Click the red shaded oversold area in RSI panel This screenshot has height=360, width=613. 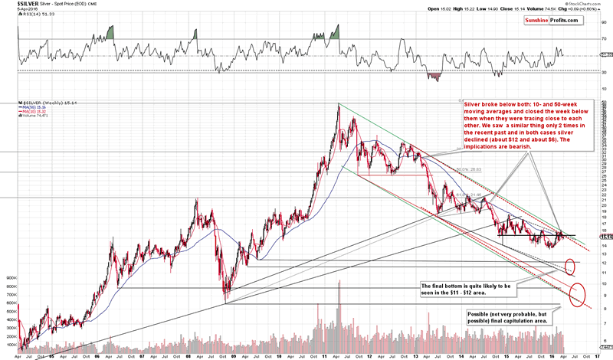tap(434, 76)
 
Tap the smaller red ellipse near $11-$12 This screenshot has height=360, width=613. tap(569, 267)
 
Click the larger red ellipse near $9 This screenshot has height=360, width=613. tap(579, 293)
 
